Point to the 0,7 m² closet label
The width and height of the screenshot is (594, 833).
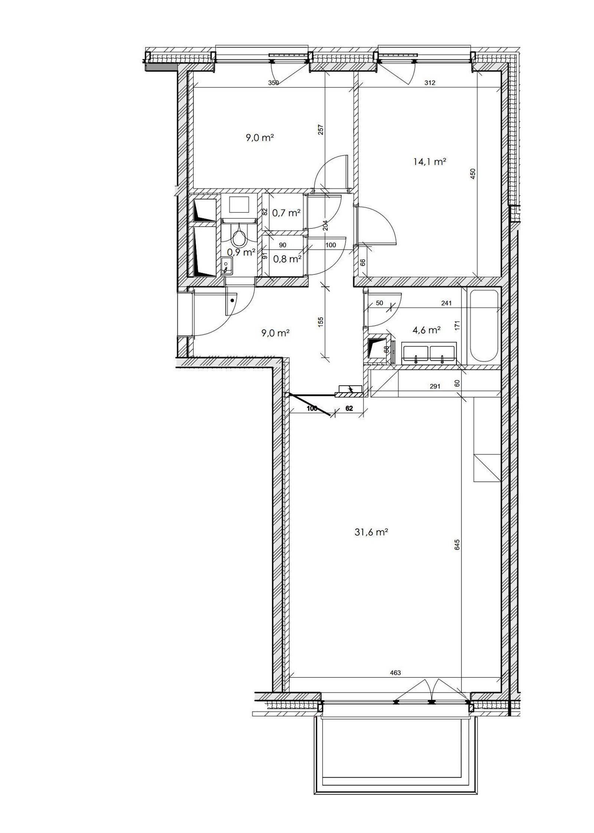coord(286,213)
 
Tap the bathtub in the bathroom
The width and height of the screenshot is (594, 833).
coord(484,326)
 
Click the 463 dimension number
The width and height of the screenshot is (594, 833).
coord(396,673)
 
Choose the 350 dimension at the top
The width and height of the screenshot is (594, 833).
coord(273,83)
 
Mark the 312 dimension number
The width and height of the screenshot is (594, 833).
coord(430,83)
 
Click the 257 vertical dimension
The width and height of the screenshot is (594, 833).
coord(322,129)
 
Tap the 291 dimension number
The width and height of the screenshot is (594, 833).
coord(435,386)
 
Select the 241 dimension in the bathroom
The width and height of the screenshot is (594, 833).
coord(446,303)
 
